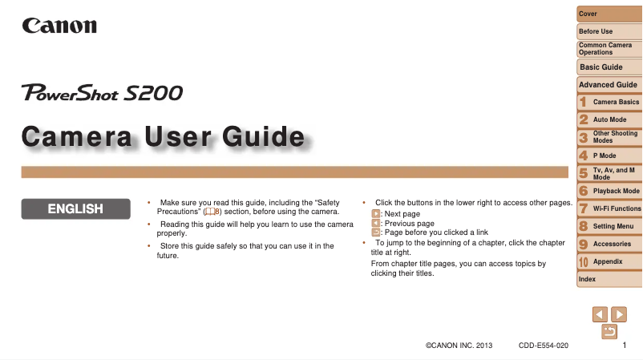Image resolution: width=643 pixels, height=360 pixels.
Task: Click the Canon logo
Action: [x=59, y=26]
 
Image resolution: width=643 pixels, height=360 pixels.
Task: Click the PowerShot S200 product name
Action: [x=102, y=92]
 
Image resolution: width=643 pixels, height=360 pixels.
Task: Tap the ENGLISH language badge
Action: [x=76, y=208]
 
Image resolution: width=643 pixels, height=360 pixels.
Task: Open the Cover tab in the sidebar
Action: [x=609, y=14]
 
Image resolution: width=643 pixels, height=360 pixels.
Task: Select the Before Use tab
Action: [x=609, y=31]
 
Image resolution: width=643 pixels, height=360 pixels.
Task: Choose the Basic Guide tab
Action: [x=609, y=67]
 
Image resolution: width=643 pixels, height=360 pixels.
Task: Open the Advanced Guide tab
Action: [x=609, y=84]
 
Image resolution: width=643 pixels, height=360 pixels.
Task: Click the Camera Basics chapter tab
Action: [x=609, y=102]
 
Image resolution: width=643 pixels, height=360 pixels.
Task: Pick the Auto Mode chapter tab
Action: [x=609, y=119]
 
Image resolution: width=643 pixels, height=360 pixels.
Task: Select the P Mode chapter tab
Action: [x=609, y=156]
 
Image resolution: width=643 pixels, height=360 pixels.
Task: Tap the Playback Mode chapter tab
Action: [x=609, y=191]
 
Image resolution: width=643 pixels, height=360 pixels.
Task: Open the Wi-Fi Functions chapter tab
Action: [x=609, y=208]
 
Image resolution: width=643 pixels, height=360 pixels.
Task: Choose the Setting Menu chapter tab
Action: [x=609, y=226]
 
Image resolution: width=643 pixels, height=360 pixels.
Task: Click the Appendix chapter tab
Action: [x=609, y=261]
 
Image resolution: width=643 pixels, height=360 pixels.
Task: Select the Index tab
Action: [x=609, y=279]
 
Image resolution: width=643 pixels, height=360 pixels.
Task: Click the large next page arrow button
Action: [x=619, y=314]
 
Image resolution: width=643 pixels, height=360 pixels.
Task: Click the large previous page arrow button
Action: [x=600, y=314]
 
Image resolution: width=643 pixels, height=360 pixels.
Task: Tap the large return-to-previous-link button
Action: [x=609, y=331]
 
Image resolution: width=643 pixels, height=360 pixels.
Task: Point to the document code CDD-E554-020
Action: [x=544, y=346]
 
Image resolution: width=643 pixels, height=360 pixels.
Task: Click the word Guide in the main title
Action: [x=264, y=136]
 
